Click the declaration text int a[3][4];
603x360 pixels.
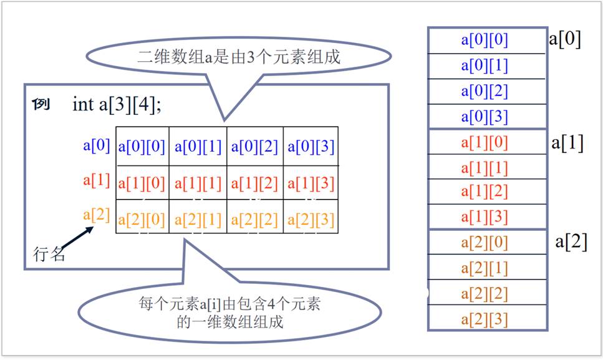point(117,104)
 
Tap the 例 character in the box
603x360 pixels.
point(41,104)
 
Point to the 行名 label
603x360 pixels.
point(49,254)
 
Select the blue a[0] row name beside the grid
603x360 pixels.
point(97,146)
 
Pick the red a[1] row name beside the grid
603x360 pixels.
point(97,181)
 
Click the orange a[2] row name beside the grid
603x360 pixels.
point(97,215)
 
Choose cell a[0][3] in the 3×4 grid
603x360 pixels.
point(311,147)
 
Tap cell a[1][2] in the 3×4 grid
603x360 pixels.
point(254,183)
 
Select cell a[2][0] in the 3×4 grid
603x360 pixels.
point(142,220)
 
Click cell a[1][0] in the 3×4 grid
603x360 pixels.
point(142,183)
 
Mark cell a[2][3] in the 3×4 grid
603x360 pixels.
point(311,220)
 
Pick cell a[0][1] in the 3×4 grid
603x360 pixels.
point(198,147)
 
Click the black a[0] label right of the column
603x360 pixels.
point(565,39)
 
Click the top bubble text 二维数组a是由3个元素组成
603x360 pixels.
point(239,57)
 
